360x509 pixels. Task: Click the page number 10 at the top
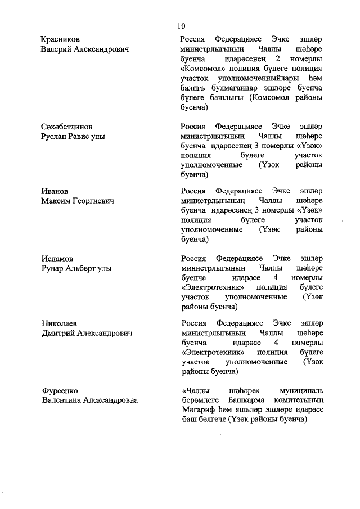tap(181, 26)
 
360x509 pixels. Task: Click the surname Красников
tap(60, 39)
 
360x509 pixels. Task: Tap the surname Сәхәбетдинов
tap(66, 127)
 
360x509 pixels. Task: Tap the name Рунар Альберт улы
tap(76, 268)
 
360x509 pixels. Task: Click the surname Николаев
tap(59, 324)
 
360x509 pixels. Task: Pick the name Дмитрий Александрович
tap(87, 334)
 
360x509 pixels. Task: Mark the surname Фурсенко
tap(59, 390)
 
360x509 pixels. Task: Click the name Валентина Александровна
tap(90, 400)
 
